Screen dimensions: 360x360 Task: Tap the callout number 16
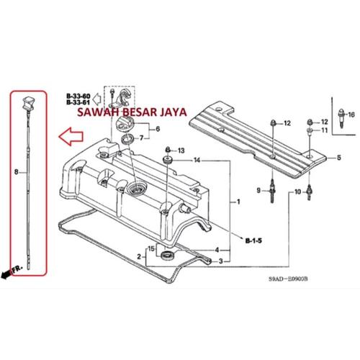tap(351, 115)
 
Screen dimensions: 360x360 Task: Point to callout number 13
tap(181, 150)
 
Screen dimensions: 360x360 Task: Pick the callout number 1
tap(239, 203)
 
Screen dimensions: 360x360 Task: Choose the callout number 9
tap(256, 190)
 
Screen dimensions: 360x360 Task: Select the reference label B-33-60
tap(78, 96)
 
